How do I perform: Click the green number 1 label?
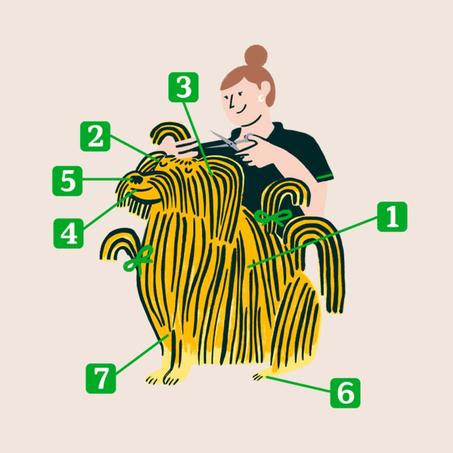tap(392, 217)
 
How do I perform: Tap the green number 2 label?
tap(95, 136)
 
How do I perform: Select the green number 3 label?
tap(183, 87)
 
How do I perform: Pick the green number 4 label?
tap(68, 233)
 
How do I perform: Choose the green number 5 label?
tap(67, 181)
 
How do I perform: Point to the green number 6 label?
tap(345, 393)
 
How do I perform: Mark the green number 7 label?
tap(101, 378)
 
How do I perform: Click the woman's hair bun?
tap(256, 55)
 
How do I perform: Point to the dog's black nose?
tap(136, 180)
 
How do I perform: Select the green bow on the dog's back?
tap(273, 217)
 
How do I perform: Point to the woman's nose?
tap(231, 103)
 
